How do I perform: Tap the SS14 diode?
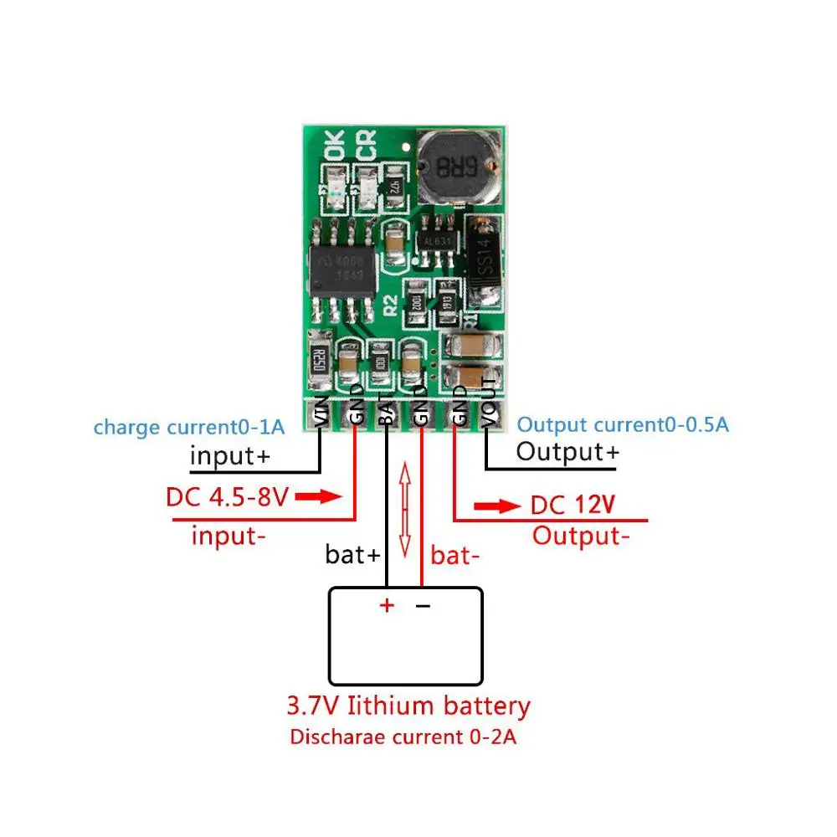point(483,261)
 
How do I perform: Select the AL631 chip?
point(437,240)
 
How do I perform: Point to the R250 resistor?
point(319,359)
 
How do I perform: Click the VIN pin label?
point(320,410)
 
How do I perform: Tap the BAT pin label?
point(386,410)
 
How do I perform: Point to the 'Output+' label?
point(567,452)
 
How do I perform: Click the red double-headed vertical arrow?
point(405,511)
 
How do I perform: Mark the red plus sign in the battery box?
point(386,605)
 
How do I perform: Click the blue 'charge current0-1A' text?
point(189,427)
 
